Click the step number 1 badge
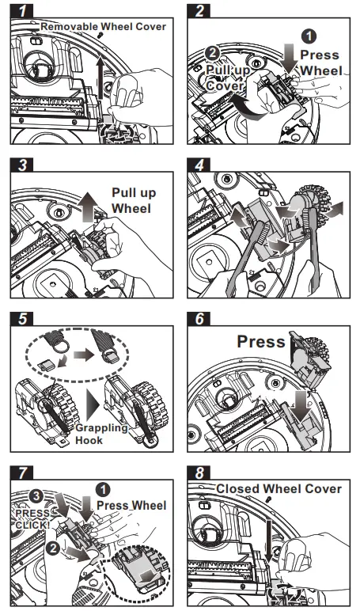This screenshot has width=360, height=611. pos(21,10)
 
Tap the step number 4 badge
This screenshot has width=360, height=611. pos(199,165)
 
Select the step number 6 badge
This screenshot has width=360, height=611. pos(199,319)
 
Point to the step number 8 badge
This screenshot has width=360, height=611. pos(199,473)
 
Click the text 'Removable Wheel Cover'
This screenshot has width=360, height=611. pos(103,26)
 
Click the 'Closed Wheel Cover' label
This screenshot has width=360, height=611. pos(279,488)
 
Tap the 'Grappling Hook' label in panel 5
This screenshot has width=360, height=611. pos(101,434)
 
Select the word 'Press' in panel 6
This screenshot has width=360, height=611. pos(261,342)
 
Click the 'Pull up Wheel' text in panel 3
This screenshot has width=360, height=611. pos(134,200)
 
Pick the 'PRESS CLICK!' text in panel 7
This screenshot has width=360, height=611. pos(32,519)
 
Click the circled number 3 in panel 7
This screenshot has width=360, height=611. pos(36,496)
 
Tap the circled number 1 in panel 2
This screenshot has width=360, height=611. pos(309,36)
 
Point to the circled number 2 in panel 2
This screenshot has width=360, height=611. pos(212,52)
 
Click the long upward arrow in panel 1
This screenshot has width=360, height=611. pos(100,77)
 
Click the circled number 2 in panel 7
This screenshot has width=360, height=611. pos(52,548)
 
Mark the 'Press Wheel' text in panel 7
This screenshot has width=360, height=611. pos(131,506)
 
